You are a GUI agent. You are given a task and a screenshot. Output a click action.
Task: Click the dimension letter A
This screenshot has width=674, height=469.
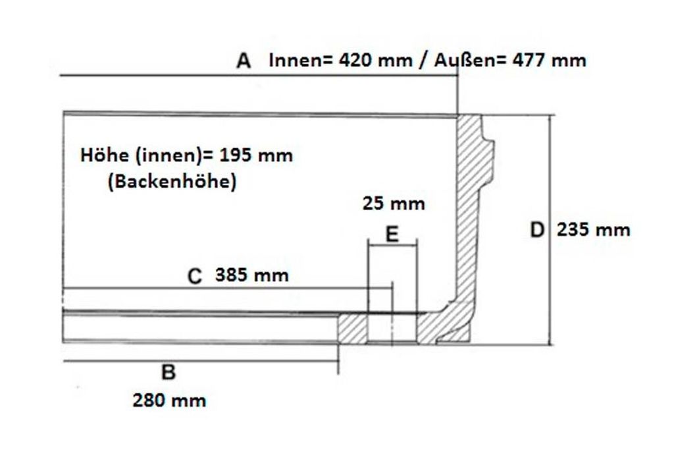tap(244, 61)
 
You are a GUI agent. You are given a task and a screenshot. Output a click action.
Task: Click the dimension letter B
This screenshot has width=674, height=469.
tap(168, 372)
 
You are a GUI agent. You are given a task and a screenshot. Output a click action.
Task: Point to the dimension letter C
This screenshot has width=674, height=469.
tap(195, 276)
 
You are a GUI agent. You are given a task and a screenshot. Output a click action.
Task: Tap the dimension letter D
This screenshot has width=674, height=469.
tap(537, 230)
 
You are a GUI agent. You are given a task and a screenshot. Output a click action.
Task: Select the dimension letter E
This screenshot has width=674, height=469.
tap(392, 234)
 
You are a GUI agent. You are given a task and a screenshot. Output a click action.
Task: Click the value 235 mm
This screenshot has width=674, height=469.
tap(594, 230)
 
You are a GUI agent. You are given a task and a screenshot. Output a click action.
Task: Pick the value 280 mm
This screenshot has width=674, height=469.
tap(169, 400)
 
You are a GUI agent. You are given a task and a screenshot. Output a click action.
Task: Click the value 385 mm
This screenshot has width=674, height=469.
tap(252, 275)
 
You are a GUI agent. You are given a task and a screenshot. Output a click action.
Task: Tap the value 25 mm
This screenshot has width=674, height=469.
tap(394, 204)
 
